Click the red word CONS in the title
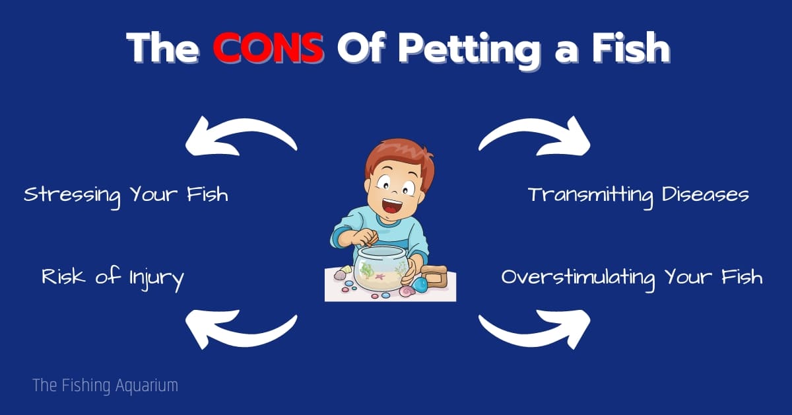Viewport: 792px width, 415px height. point(269,48)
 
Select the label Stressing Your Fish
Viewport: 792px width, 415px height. point(126,196)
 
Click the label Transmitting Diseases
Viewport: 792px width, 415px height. point(639,196)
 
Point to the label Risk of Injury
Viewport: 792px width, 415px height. point(113,279)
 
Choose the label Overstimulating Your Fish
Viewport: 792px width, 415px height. point(632,279)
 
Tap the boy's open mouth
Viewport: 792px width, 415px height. point(392,206)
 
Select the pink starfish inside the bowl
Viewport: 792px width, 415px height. point(379,276)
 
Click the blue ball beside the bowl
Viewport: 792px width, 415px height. point(420,285)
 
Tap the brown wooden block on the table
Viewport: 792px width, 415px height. point(434,276)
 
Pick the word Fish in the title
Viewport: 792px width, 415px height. point(631,48)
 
